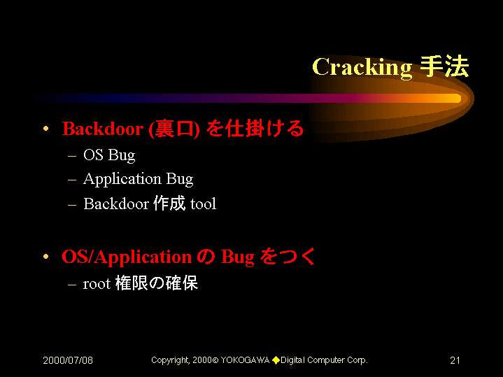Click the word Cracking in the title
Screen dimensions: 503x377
tap(362, 68)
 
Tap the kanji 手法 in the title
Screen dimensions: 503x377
tap(445, 66)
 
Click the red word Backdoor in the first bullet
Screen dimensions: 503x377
tap(103, 129)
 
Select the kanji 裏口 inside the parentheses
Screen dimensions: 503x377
tap(174, 129)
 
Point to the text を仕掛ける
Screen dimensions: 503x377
tap(255, 128)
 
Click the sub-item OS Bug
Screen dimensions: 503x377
tap(109, 155)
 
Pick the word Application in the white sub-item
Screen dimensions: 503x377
tap(122, 179)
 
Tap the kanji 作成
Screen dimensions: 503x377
tap(169, 204)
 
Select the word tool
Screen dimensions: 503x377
tap(203, 204)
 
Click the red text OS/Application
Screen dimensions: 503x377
tap(127, 257)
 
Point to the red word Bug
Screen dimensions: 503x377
tap(237, 257)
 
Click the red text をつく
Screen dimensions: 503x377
tap(288, 257)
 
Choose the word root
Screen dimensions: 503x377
tap(97, 284)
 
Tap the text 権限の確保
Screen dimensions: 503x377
tap(157, 283)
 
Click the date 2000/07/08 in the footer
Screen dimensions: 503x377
tap(68, 360)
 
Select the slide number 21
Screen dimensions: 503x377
tap(455, 360)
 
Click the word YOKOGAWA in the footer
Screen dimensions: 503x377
tap(245, 360)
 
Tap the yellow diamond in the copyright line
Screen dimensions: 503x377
tap(276, 360)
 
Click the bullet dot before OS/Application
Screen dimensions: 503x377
tap(46, 257)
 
